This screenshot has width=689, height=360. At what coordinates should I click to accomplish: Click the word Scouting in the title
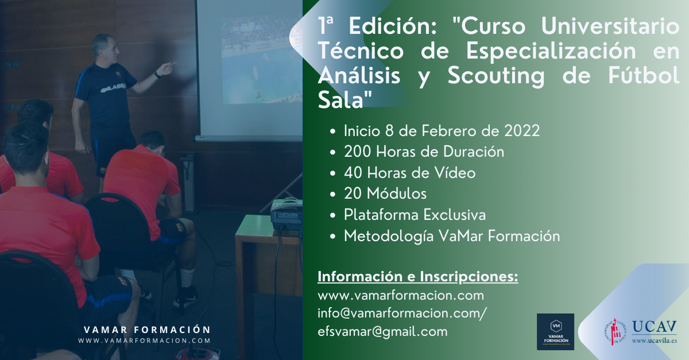[496, 75]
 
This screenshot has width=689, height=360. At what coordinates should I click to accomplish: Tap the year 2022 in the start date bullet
[522, 131]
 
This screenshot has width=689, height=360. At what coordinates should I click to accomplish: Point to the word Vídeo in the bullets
[455, 172]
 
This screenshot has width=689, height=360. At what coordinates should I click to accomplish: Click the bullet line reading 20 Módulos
[385, 193]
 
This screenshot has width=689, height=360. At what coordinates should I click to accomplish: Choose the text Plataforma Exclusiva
[415, 215]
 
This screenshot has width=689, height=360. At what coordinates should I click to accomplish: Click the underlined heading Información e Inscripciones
[418, 277]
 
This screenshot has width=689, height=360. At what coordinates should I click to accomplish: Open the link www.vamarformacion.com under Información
[401, 295]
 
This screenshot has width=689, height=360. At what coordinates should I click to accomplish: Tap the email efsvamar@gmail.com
[382, 332]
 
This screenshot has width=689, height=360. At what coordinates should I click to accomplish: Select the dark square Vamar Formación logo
[555, 332]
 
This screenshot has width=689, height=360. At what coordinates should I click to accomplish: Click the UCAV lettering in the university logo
[654, 327]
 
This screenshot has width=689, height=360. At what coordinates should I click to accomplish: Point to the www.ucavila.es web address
[654, 340]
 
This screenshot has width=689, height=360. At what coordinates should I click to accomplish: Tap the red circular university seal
[615, 332]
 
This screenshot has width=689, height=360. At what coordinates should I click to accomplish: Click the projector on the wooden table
[286, 213]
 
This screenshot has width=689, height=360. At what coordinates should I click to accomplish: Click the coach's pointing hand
[167, 68]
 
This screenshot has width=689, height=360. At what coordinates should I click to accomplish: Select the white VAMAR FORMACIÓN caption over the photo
[147, 330]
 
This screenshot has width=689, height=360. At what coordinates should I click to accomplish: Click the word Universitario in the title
[610, 26]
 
